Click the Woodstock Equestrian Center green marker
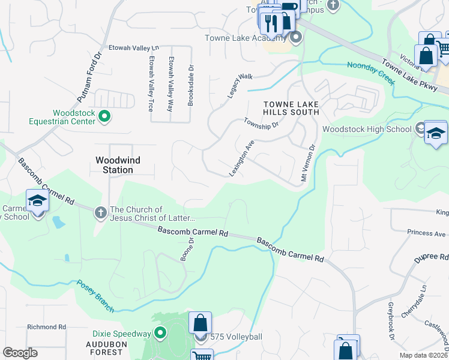point(104,116)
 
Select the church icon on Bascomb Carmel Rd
point(100,212)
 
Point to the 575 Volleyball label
point(235,337)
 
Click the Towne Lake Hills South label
point(291,108)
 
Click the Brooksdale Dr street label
point(190,85)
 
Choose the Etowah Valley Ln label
point(133,47)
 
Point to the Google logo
point(20,353)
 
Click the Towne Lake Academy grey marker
point(295,38)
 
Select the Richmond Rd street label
point(46,327)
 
